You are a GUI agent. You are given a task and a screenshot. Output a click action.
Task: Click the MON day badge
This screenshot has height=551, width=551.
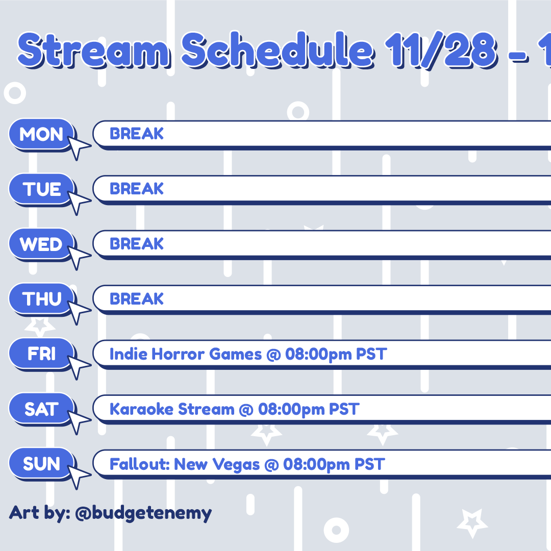click(41, 134)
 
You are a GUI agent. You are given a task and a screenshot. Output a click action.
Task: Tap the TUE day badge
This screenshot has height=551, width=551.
click(41, 189)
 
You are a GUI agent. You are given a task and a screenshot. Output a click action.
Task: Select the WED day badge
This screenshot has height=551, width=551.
click(41, 244)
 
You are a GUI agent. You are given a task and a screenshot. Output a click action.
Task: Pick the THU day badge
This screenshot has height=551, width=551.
click(41, 298)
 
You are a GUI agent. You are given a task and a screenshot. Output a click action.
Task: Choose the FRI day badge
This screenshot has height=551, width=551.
click(41, 354)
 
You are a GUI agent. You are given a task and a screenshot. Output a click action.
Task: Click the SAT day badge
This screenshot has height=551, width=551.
click(41, 409)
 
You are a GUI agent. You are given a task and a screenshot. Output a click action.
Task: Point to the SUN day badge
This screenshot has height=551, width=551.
click(41, 463)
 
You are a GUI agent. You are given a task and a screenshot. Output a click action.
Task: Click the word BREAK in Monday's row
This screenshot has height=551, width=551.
click(137, 134)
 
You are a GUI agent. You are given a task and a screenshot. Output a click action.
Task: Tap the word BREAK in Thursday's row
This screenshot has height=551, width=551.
click(137, 298)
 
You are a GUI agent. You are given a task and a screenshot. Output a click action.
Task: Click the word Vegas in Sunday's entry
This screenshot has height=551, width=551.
click(236, 465)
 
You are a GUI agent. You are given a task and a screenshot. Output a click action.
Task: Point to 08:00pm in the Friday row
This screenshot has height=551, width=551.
click(318, 355)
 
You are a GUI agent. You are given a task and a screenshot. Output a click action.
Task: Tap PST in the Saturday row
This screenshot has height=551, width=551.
click(344, 409)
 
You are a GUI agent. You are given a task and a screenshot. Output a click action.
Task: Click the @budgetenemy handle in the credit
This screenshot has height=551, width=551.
click(143, 513)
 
